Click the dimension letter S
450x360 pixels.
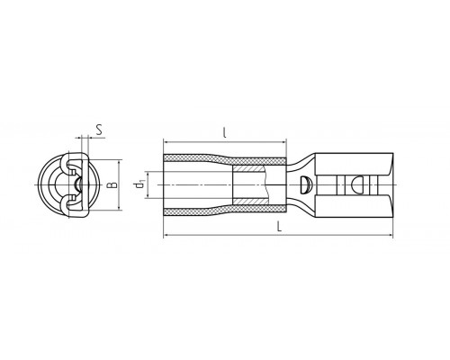pyautogui.click(x=99, y=130)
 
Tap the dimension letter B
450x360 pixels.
pyautogui.click(x=112, y=184)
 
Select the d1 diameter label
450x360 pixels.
pyautogui.click(x=139, y=184)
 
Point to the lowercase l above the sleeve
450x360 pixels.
pyautogui.click(x=224, y=132)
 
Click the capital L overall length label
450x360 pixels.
pyautogui.click(x=279, y=226)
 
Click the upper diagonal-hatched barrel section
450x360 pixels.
pyautogui.click(x=249, y=168)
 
